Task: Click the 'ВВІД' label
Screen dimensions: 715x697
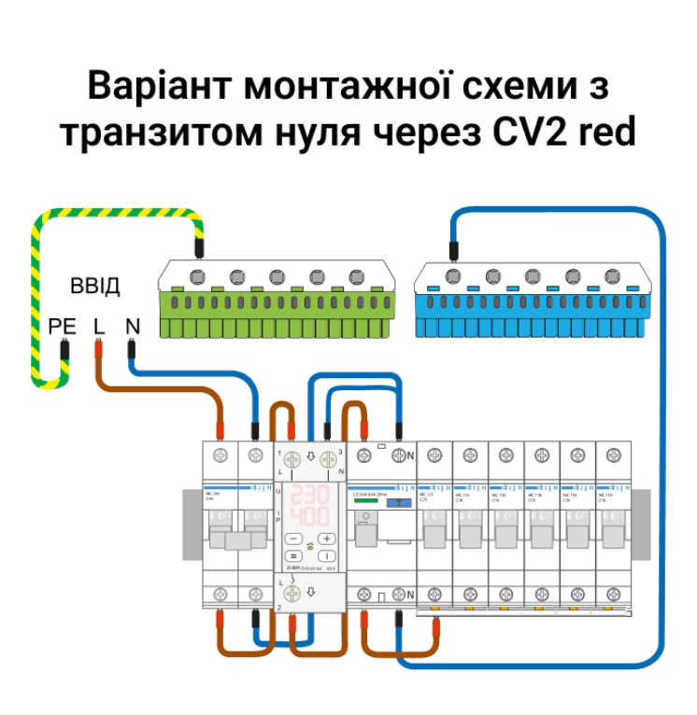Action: coord(95,287)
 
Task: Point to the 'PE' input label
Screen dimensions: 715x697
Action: coord(61,327)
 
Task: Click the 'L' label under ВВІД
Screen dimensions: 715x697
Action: coord(99,327)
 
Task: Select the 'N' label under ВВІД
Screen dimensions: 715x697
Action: coord(132,327)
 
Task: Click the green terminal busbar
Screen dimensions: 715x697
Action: coord(277,299)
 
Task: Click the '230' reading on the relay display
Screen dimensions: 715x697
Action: coord(309,496)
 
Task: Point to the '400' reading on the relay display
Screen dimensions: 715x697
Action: coord(309,517)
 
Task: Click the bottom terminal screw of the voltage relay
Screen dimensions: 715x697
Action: coord(292,593)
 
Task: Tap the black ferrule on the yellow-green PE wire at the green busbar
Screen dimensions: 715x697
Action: coord(198,248)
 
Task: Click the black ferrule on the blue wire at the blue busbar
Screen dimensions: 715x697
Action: coord(453,249)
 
